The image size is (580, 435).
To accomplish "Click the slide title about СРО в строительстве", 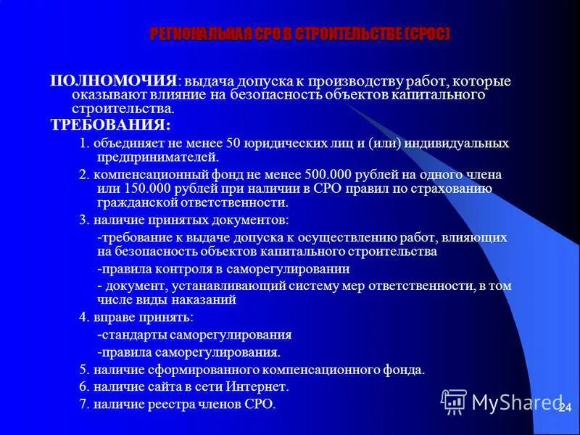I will (299, 34).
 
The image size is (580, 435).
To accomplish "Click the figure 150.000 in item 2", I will (133, 188).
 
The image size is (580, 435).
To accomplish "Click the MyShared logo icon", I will (454, 401).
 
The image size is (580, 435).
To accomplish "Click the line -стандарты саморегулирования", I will (194, 335).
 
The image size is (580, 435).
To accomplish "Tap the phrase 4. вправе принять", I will (136, 318).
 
